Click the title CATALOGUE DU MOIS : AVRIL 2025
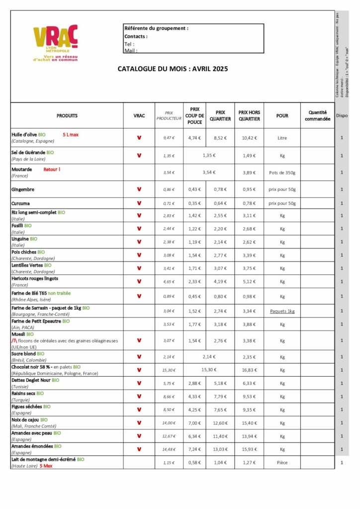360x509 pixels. pos(173,69)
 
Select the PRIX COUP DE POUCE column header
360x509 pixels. pos(194,115)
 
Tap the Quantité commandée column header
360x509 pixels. pos(317,116)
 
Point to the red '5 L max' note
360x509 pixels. pos(71,135)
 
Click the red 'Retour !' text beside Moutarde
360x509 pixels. pos(52,170)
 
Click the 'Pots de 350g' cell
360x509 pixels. pos(282,172)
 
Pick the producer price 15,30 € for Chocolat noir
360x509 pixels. pos(169,370)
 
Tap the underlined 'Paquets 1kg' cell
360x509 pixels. pos(282,311)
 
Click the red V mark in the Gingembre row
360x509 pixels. pos(139,189)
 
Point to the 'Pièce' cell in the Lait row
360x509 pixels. pos(282,463)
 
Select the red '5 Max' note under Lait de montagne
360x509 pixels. pos(46,466)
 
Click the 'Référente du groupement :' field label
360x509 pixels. pos(156,28)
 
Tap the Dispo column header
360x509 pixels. pos(342,116)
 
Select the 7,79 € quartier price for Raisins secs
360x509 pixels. pos(219,397)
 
